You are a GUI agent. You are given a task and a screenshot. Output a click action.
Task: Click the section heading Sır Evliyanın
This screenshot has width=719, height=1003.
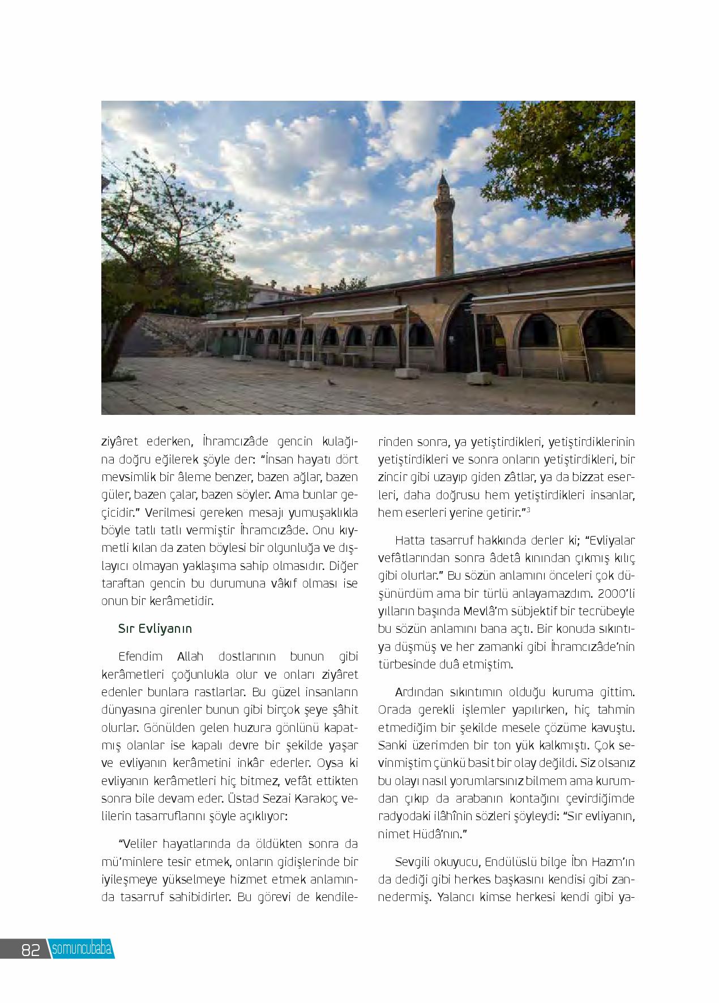click(155, 628)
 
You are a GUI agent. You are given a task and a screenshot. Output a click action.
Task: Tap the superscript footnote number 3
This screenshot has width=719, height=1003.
click(528, 511)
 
